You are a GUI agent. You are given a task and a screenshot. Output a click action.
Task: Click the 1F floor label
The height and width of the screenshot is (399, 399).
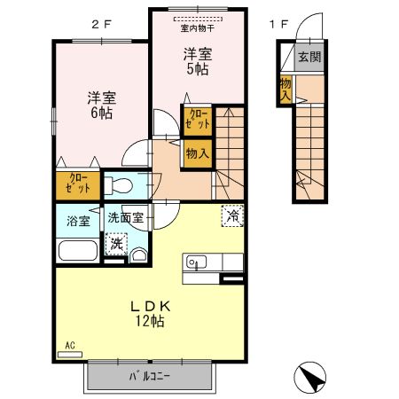(x=278, y=24)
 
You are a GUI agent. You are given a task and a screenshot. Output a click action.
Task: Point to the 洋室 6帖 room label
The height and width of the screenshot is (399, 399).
(x=99, y=104)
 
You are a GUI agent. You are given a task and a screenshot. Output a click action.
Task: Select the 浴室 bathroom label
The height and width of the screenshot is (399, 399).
(x=78, y=220)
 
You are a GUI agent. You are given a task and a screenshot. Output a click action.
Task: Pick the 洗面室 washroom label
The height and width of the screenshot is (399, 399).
(x=126, y=218)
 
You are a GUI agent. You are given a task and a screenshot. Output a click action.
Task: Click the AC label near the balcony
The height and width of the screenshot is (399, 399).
(x=69, y=346)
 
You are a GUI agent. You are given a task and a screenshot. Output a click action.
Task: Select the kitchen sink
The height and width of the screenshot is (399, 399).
(x=197, y=262)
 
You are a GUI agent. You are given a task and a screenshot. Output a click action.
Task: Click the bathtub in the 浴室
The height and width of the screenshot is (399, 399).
(x=78, y=250)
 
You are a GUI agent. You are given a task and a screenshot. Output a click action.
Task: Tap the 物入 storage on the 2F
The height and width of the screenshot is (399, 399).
(x=197, y=153)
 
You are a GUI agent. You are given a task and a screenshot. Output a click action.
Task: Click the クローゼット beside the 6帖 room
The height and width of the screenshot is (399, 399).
(x=74, y=185)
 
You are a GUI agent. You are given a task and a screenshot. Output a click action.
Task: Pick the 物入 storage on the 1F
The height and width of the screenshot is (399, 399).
(x=286, y=89)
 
